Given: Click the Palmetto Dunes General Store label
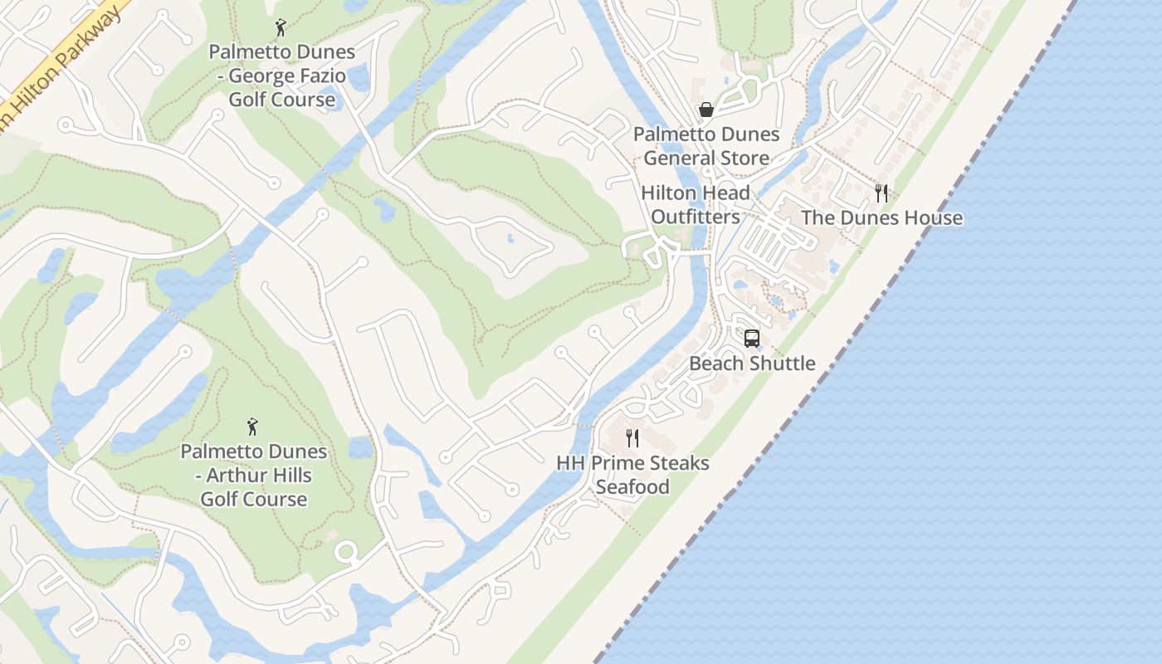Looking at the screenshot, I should (x=706, y=146).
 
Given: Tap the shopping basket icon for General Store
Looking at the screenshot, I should (x=705, y=110).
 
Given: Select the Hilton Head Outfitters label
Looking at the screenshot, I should (x=696, y=205).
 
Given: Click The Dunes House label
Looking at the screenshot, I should (x=881, y=218).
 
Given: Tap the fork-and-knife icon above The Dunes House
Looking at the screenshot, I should (x=881, y=193).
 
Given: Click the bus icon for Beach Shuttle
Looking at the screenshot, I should (x=752, y=339).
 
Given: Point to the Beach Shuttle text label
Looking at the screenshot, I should (x=752, y=364).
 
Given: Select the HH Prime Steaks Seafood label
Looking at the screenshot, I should (x=632, y=475).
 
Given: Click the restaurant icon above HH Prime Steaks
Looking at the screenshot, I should (x=632, y=437).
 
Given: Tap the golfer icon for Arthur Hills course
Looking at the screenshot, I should (x=253, y=427).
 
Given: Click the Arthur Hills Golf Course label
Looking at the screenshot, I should (x=253, y=476).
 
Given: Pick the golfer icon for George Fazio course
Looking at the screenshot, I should (x=281, y=27).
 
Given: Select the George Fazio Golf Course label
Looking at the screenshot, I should (x=281, y=76).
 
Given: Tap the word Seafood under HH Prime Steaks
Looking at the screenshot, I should (x=632, y=487).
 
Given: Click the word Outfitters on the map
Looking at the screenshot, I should (x=696, y=217).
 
